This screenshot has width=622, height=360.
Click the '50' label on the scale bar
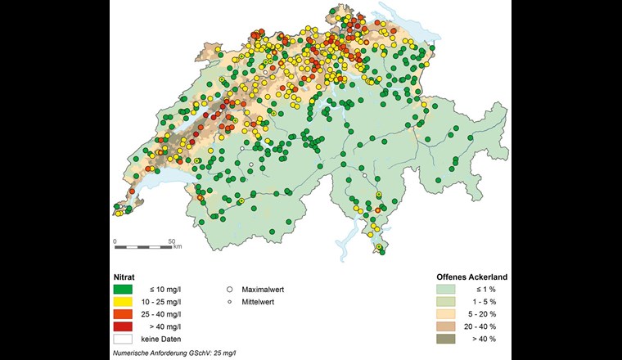point(171,241)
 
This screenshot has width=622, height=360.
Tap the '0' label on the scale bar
point(115,241)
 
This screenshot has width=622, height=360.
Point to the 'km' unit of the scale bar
point(178,246)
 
